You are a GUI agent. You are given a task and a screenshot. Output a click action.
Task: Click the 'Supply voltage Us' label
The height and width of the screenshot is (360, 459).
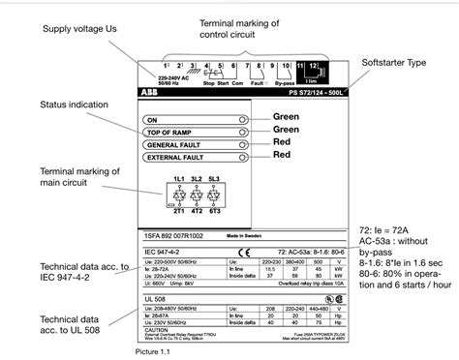(x=80, y=30)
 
